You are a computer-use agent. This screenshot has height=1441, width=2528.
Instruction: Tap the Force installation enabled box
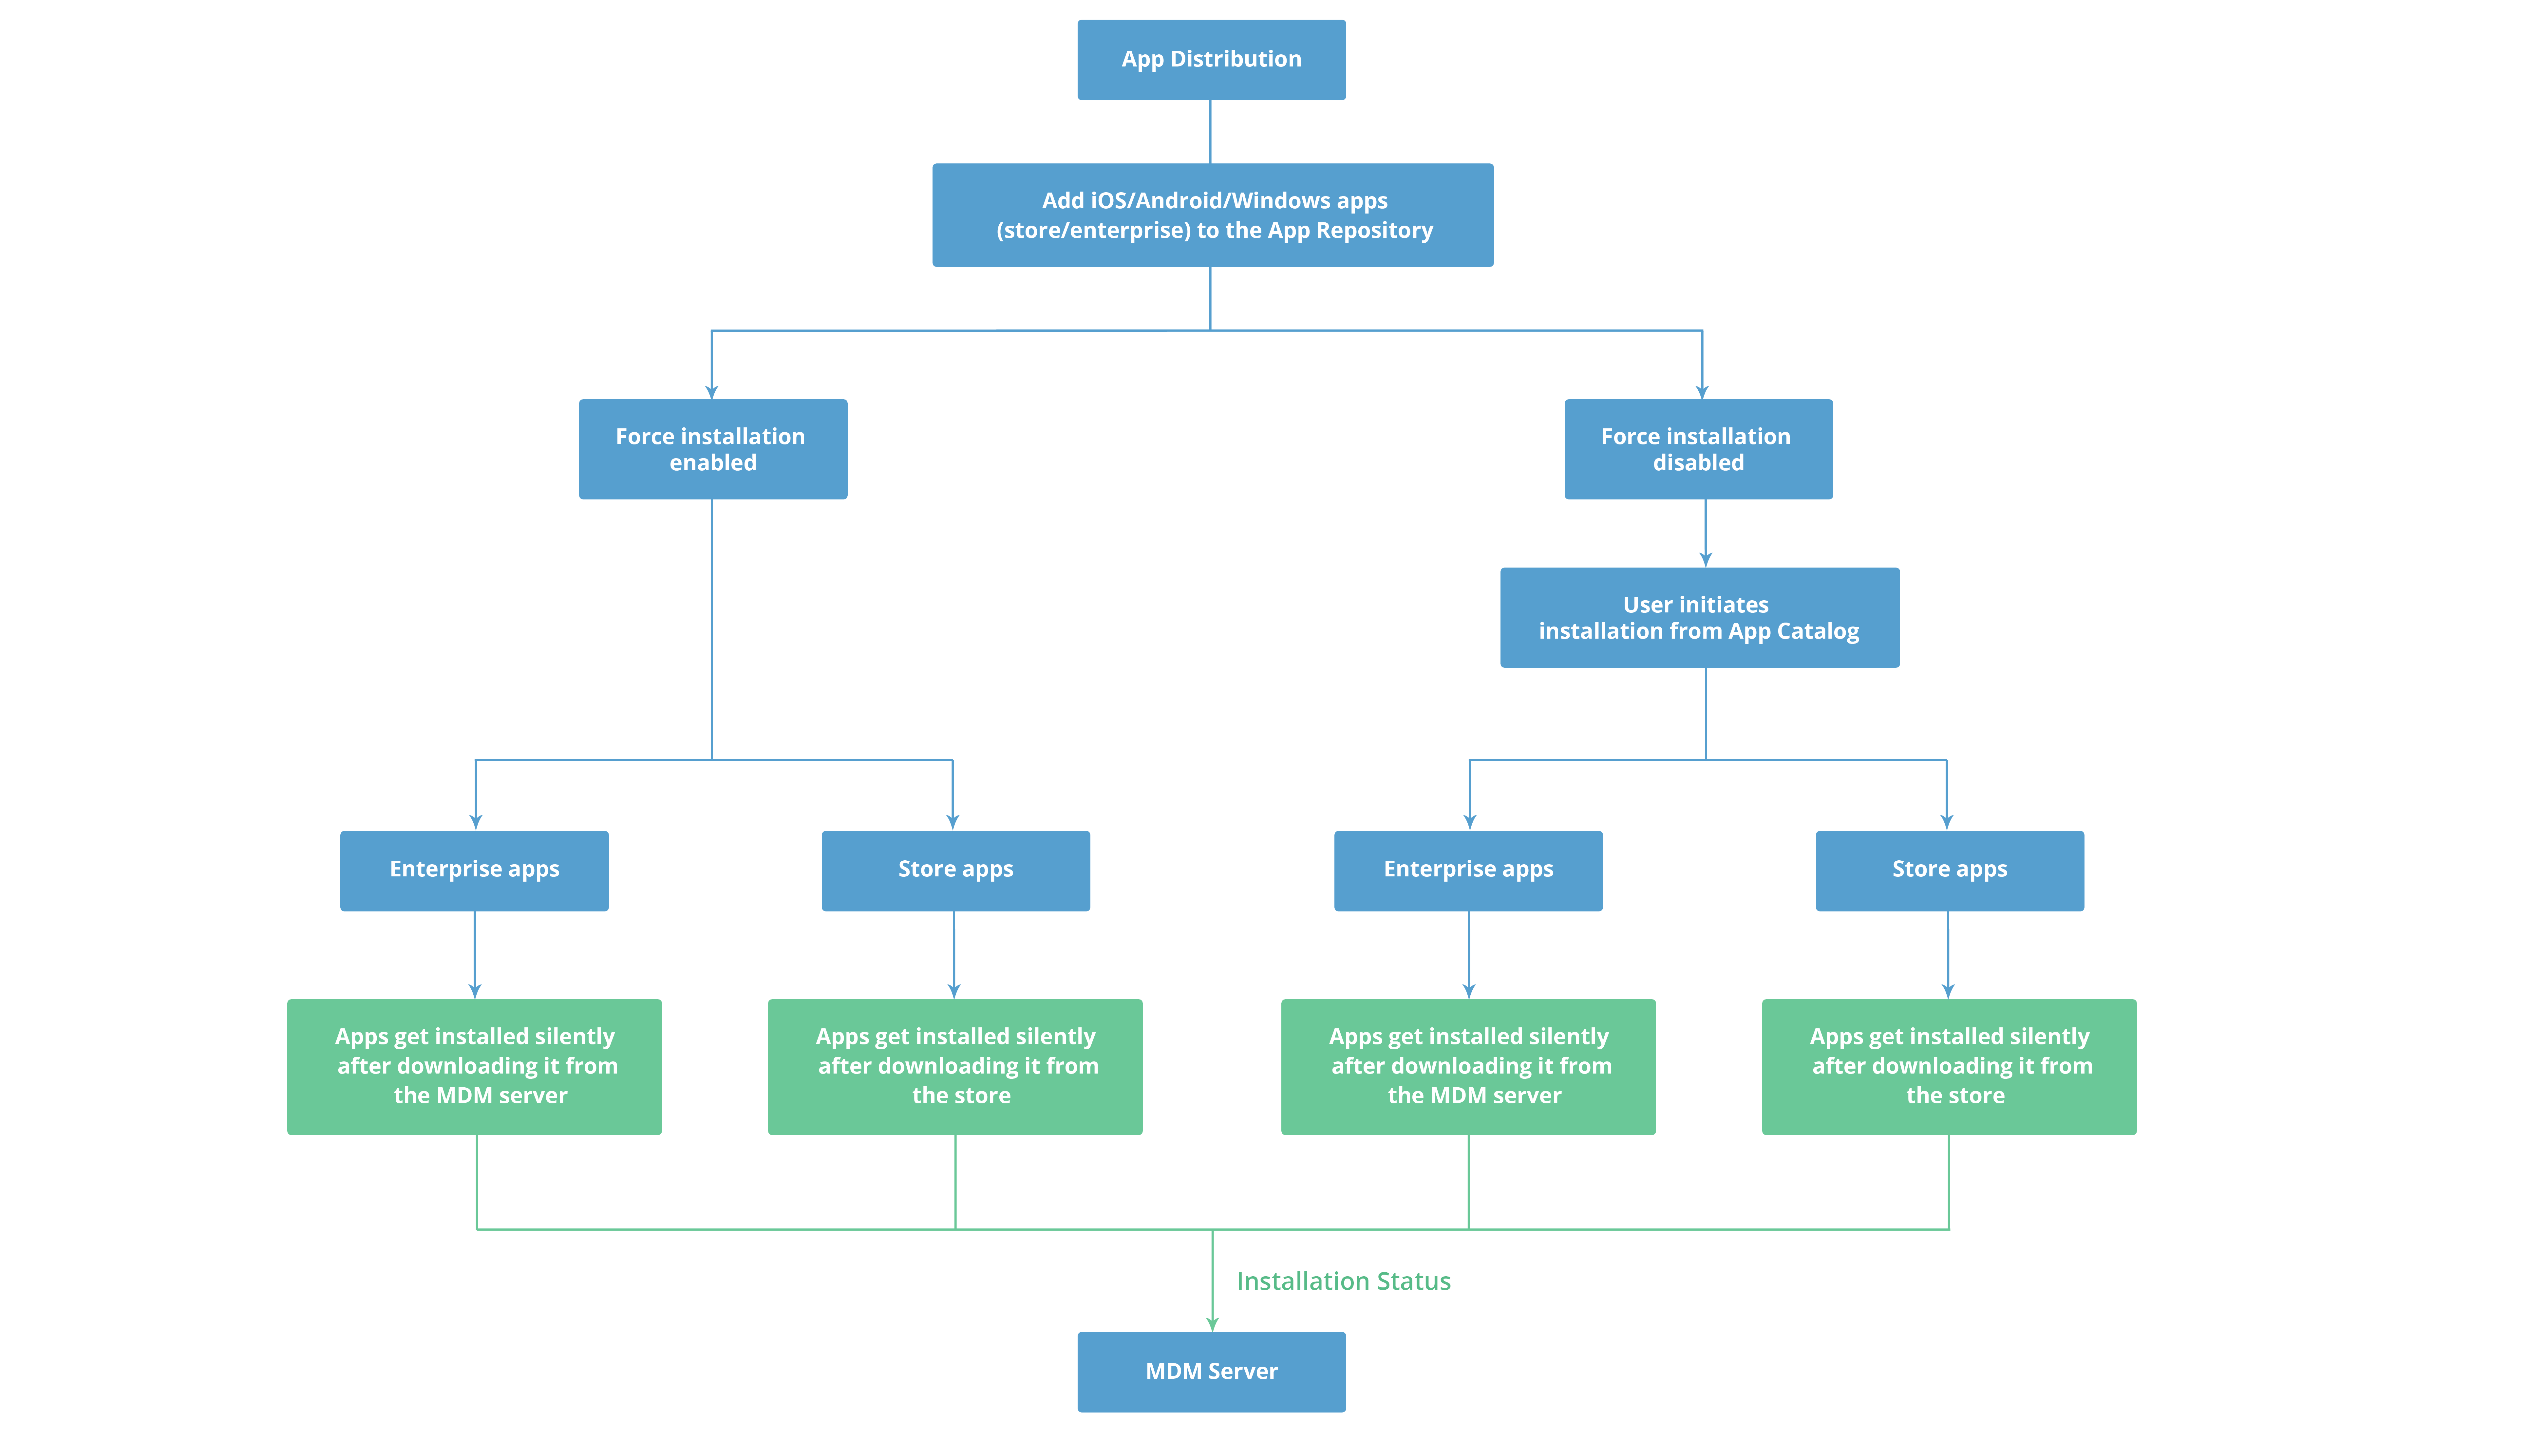[713, 449]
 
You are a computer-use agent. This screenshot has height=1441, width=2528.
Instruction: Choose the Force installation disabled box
[1698, 449]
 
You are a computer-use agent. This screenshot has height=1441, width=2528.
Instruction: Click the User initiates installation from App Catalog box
[1699, 618]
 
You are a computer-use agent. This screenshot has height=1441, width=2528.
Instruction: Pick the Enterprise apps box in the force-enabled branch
[474, 870]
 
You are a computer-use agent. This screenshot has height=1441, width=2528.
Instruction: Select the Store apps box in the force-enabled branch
[955, 870]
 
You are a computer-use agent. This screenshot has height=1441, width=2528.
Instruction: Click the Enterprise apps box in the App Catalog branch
[1468, 870]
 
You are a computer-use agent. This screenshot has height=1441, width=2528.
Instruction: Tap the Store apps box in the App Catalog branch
[1949, 870]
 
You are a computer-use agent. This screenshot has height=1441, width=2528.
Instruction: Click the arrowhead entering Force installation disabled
[1702, 392]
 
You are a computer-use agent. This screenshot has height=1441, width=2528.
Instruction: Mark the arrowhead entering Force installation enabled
[712, 392]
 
